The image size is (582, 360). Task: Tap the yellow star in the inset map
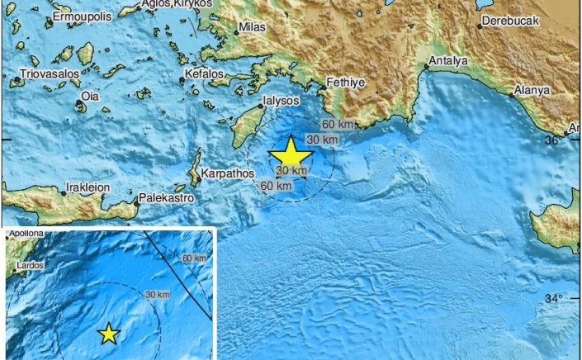click(108, 334)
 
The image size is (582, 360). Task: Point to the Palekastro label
click(166, 199)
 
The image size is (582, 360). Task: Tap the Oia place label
click(89, 97)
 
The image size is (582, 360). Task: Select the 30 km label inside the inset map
click(158, 295)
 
